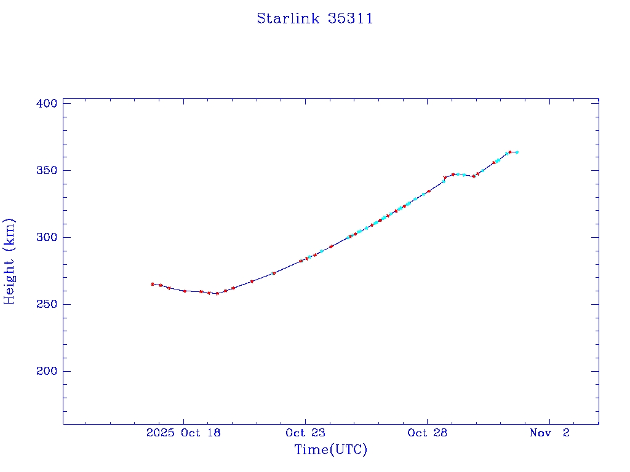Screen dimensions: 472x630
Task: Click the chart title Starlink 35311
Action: (x=314, y=18)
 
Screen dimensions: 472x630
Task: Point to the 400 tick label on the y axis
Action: (x=47, y=103)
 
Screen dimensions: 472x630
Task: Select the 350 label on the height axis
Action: (x=47, y=170)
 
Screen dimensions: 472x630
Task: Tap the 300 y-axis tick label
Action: (x=47, y=237)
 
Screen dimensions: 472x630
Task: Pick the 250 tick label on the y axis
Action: (x=47, y=304)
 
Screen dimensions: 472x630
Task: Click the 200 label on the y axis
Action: (x=47, y=371)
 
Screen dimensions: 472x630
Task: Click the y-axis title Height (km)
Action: (x=9, y=261)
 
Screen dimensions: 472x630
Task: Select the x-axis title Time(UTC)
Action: (x=330, y=450)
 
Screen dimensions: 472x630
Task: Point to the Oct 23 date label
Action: (x=305, y=433)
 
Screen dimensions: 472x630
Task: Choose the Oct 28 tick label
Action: (x=427, y=433)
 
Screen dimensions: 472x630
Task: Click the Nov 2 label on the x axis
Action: (x=550, y=433)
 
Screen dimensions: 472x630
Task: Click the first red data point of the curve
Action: (x=153, y=284)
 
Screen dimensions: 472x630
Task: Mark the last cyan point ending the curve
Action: (x=517, y=152)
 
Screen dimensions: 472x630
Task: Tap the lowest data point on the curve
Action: (x=217, y=294)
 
